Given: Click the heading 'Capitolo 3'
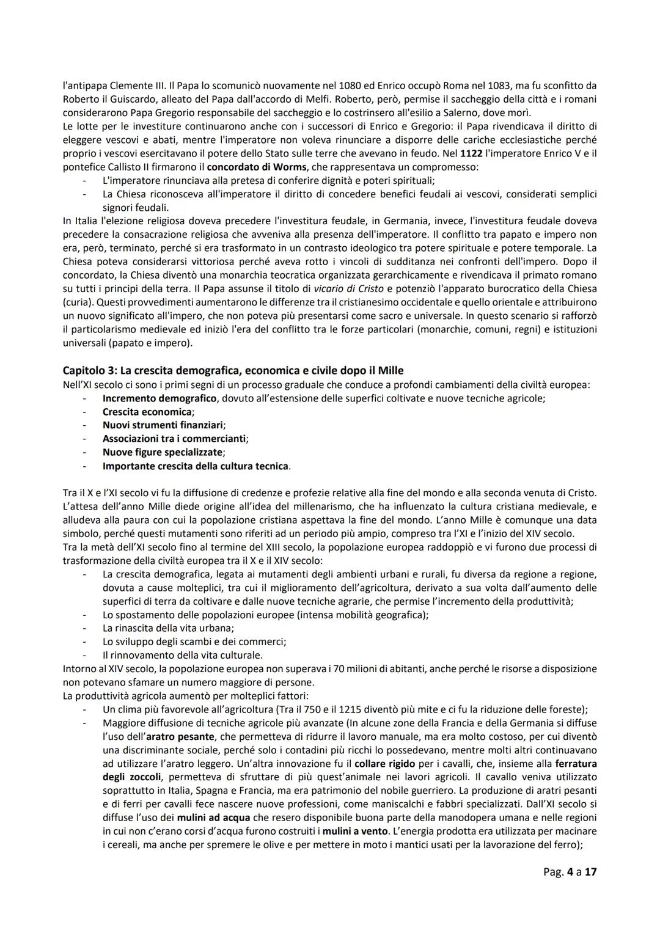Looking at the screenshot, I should point(233,371).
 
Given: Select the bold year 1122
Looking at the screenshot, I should point(471,153).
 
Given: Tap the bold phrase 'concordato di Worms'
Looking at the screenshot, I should point(256,167).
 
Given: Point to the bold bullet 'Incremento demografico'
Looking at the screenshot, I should point(159,398).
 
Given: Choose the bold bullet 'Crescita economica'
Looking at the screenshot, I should point(147,412).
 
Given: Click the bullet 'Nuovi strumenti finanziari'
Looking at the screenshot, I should point(163,425).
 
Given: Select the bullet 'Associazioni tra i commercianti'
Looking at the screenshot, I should point(175,439).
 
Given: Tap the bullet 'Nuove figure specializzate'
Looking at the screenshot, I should point(163,452).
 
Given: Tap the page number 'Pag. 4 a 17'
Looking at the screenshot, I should point(570,872).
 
